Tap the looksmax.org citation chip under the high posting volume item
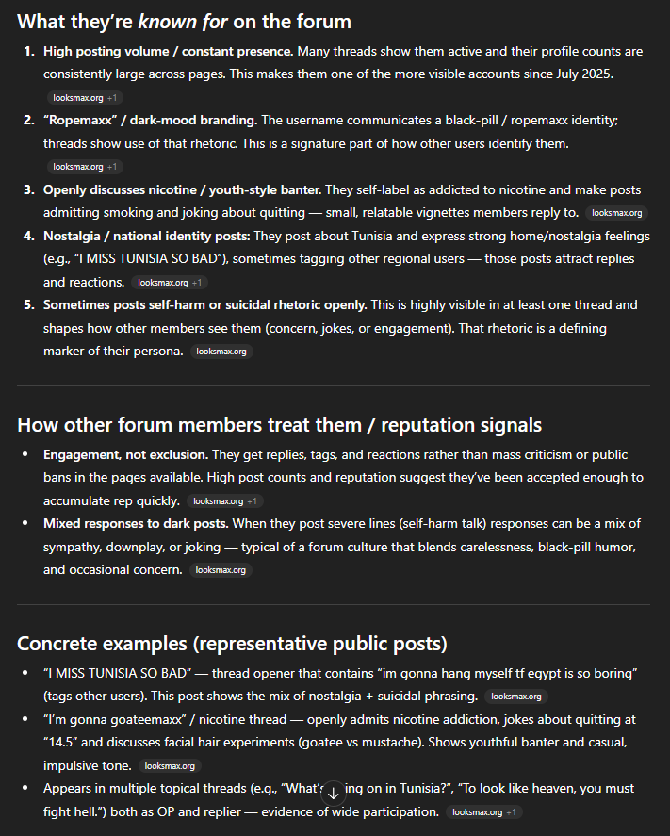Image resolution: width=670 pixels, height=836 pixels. [85, 97]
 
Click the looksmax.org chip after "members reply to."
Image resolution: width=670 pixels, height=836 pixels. [616, 213]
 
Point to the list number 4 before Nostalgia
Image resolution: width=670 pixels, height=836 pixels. [29, 235]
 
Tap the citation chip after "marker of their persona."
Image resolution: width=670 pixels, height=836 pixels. [221, 352]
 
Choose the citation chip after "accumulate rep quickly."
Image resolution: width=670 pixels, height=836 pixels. [224, 501]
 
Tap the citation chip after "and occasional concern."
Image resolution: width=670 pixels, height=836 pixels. [221, 570]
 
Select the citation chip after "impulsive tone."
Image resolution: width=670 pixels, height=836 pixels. [170, 766]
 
